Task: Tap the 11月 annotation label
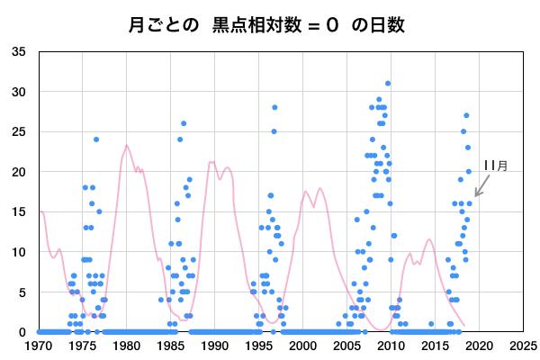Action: click(495, 166)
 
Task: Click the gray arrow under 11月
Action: click(481, 186)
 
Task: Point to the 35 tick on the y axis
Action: click(19, 51)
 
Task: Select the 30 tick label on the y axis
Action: click(19, 92)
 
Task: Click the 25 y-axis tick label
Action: click(19, 131)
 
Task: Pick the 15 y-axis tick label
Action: click(19, 211)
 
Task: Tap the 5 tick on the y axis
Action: click(22, 292)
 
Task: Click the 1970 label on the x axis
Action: click(38, 345)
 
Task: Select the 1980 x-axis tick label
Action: click(126, 345)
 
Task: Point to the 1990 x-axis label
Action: click(214, 345)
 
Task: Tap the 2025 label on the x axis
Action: click(523, 345)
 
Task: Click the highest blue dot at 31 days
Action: click(388, 84)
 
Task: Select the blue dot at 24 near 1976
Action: click(96, 139)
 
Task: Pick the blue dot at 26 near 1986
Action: click(184, 123)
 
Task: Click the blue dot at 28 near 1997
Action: click(274, 108)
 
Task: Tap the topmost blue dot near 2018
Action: click(466, 115)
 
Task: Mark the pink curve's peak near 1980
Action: click(127, 145)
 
